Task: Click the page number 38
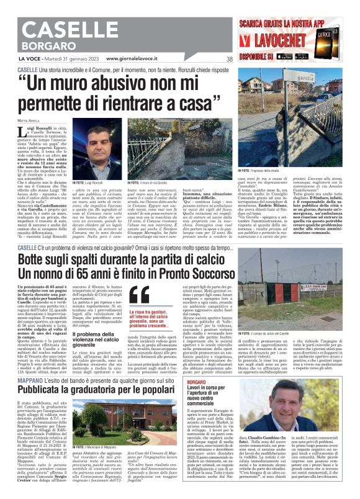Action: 229,59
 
